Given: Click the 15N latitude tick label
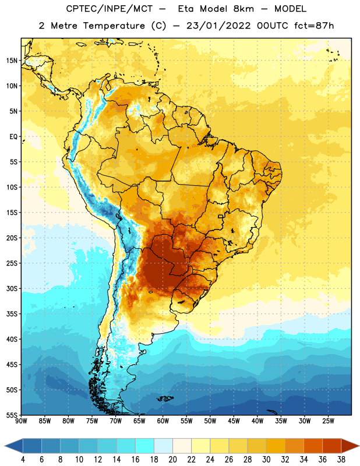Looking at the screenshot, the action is (12, 61).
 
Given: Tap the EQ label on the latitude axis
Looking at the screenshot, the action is (13, 137).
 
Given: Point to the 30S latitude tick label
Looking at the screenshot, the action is (12, 288).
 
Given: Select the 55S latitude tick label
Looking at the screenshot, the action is (12, 415).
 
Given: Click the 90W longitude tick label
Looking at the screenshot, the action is (21, 421).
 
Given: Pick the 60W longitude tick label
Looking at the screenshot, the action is (163, 421).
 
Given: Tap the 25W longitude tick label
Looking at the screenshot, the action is (328, 421).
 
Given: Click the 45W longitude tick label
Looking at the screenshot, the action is (234, 421).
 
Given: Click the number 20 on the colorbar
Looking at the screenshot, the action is (172, 460).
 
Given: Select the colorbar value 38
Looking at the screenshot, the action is (341, 460).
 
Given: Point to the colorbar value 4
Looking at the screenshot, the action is (23, 460).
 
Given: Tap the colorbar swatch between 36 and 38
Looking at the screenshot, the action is (332, 446).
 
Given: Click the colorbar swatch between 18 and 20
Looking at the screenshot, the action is (163, 446).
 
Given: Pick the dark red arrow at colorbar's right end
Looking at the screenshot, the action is (350, 446).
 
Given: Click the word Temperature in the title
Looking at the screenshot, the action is (114, 26).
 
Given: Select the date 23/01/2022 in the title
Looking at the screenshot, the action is (219, 26).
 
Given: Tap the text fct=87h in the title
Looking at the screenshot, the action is (314, 26).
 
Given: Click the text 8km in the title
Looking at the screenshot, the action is (243, 9).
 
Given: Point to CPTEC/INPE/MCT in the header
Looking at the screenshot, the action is (109, 9).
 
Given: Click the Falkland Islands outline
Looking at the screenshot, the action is (165, 398).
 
